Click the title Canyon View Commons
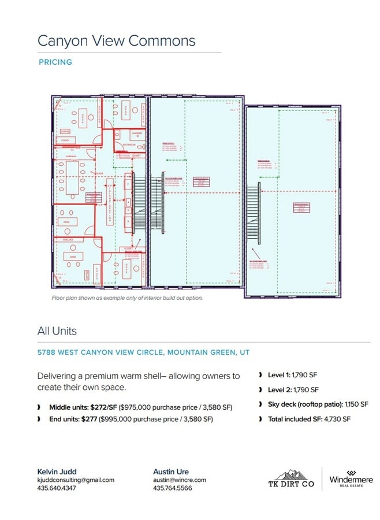point(116,40)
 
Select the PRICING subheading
point(55,62)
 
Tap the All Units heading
point(57,331)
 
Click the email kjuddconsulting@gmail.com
point(76,480)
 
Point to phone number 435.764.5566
point(172,488)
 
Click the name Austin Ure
point(170,471)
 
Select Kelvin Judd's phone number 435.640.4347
point(57,488)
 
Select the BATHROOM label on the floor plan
point(129,144)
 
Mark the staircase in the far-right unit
point(253,214)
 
